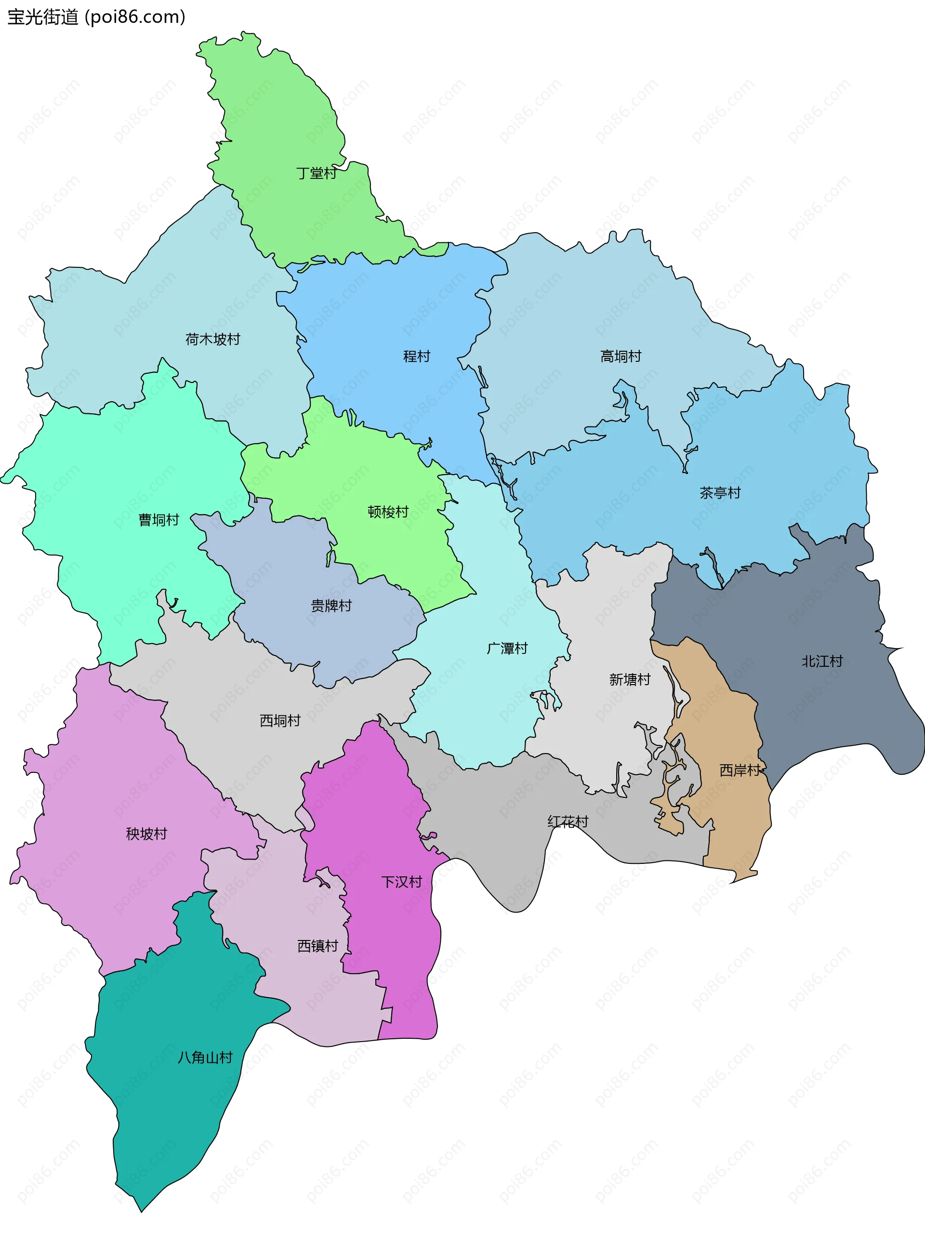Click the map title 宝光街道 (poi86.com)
click(96, 17)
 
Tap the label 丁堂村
click(317, 173)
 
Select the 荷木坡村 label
click(213, 339)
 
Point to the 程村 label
click(417, 356)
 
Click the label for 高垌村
click(621, 356)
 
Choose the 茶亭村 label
click(720, 493)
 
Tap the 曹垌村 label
click(159, 520)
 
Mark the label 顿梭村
click(388, 512)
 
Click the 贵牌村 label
click(331, 606)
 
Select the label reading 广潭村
click(507, 648)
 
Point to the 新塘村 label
click(630, 680)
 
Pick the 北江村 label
click(822, 661)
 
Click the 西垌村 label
click(280, 721)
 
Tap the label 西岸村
click(740, 770)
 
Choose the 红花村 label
click(568, 821)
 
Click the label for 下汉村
click(401, 882)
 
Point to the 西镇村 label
click(317, 946)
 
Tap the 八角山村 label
click(205, 1058)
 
